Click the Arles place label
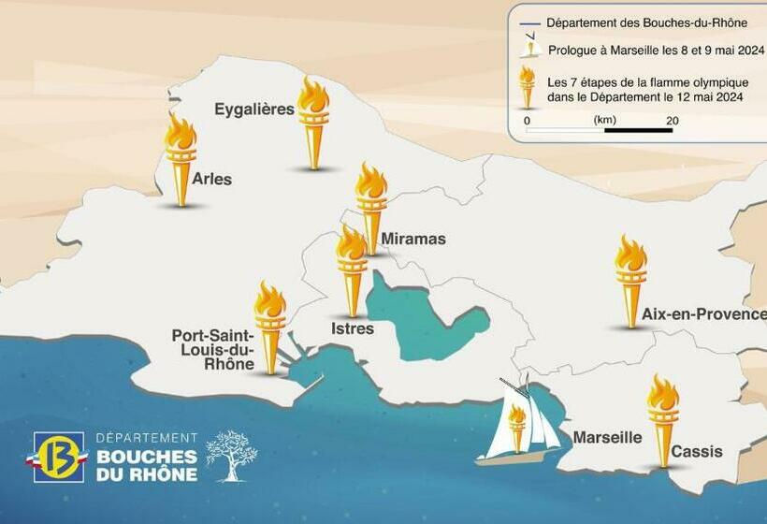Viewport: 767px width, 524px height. tap(211, 179)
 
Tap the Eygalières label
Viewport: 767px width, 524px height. tap(254, 109)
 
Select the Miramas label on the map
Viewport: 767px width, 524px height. tap(412, 239)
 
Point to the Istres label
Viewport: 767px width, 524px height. tap(353, 328)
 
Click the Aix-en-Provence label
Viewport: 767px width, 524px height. tap(703, 314)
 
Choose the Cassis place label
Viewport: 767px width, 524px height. tap(697, 451)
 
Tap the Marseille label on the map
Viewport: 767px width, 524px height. tap(607, 437)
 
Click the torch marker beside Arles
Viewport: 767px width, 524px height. tap(181, 159)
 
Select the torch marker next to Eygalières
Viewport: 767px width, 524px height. tap(313, 123)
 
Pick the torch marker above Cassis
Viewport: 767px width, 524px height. tap(663, 420)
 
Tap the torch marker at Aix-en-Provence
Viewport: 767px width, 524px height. tap(630, 281)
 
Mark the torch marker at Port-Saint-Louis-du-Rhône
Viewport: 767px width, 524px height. tap(270, 327)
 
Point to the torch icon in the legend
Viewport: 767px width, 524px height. tap(528, 86)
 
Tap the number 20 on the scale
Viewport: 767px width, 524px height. tap(672, 120)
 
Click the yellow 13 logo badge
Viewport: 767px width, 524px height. tap(59, 457)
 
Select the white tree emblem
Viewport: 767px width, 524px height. tap(230, 456)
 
